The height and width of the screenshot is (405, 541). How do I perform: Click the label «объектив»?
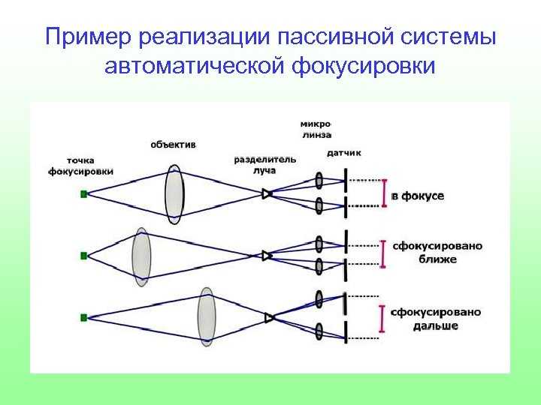point(174,145)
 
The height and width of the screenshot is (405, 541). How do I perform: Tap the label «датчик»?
point(343,153)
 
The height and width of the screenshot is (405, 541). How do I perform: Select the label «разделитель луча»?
point(265,165)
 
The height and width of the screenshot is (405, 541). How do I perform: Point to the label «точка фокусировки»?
point(80,166)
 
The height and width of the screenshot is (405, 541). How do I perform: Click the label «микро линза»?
point(316,130)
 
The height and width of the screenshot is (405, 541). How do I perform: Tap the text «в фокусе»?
point(418,196)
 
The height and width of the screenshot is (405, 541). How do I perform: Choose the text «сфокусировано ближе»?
point(437,253)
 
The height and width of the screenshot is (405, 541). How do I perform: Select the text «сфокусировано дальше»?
point(436,319)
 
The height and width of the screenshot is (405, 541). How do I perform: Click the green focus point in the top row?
point(84,194)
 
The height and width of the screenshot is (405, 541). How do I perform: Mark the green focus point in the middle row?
point(84,256)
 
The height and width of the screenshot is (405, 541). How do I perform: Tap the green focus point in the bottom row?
point(84,317)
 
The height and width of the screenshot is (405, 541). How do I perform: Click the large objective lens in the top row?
point(174,194)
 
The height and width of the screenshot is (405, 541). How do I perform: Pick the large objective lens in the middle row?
point(141,256)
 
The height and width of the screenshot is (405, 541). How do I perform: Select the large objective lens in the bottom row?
point(207,316)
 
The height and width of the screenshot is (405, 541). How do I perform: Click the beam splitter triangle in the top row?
point(267,194)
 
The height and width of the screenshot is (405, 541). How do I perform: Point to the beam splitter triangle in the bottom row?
point(269,317)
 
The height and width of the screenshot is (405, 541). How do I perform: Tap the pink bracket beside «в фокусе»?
point(385,193)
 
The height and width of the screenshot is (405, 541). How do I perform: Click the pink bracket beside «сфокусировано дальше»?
point(382,319)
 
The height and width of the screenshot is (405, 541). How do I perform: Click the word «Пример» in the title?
point(89,37)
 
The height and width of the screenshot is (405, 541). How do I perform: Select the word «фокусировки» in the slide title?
point(364,66)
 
